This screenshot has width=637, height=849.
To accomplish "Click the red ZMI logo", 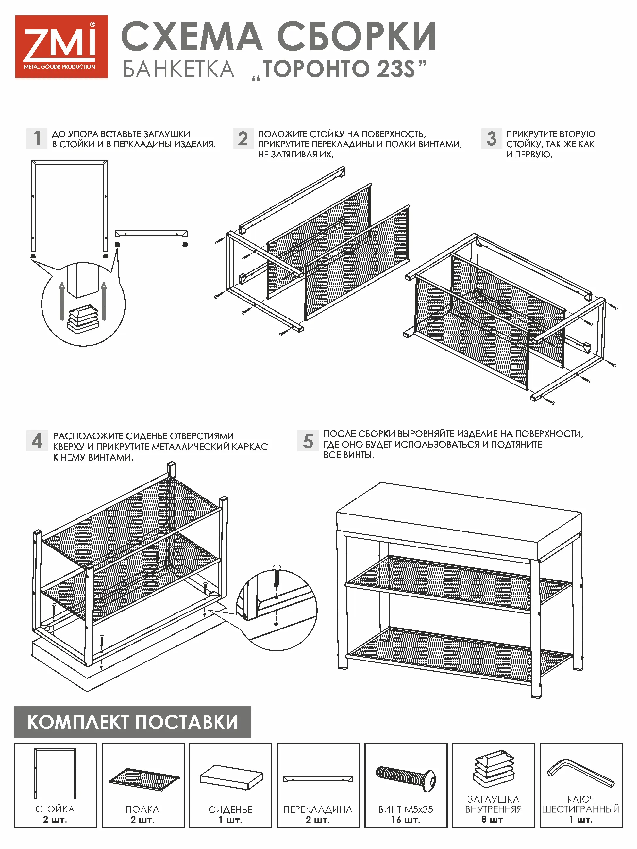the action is click(61, 47).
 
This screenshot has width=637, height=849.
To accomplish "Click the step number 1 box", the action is click(37, 139).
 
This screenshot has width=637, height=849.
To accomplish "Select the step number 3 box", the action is click(492, 139).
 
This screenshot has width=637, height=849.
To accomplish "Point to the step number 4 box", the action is click(37, 441).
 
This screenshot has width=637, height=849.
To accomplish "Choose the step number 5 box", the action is click(308, 441).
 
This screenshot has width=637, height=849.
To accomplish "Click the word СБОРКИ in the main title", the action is click(356, 37).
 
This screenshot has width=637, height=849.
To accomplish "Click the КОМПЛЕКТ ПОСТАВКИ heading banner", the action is click(132, 722).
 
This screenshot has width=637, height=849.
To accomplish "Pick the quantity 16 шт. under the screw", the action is click(406, 820).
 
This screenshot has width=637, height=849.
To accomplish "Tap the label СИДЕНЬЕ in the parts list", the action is click(230, 809).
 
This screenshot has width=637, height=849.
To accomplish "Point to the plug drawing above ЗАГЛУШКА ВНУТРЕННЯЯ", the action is click(494, 769).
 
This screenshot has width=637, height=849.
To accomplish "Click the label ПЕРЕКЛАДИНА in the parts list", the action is click(318, 809).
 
